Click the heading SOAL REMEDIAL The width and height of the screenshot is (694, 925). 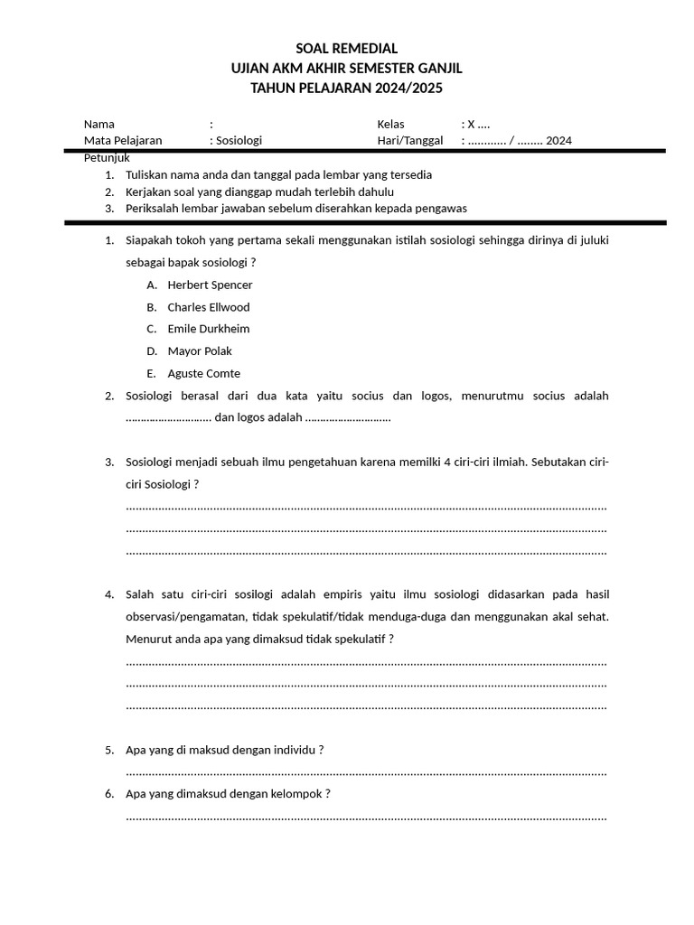click(x=346, y=49)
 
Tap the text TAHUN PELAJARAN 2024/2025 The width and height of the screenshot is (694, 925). click(x=346, y=88)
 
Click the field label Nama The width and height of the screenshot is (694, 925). click(x=99, y=124)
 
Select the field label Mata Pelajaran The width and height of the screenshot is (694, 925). click(x=123, y=140)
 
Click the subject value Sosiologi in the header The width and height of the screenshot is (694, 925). click(x=239, y=140)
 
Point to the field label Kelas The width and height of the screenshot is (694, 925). click(x=391, y=124)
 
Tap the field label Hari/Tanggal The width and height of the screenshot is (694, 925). click(x=409, y=140)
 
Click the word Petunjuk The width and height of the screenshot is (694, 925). click(x=108, y=157)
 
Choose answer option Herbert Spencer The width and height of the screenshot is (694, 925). click(x=210, y=285)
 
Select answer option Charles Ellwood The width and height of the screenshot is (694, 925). click(x=209, y=307)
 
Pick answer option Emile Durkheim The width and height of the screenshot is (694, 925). click(x=209, y=329)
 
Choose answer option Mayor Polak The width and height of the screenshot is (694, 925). click(x=200, y=351)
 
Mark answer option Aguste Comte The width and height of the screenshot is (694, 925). click(x=203, y=373)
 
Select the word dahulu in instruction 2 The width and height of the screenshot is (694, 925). click(x=375, y=192)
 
